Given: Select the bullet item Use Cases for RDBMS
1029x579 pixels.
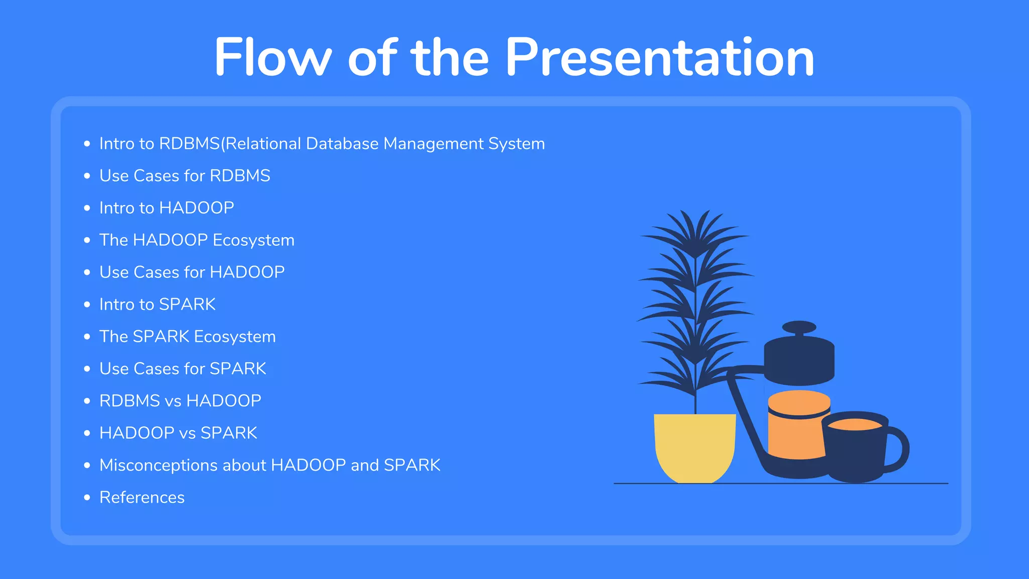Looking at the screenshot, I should (x=184, y=176).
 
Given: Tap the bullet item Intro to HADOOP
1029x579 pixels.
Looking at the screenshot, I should (x=166, y=208).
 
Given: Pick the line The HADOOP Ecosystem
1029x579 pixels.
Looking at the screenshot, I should (x=196, y=240).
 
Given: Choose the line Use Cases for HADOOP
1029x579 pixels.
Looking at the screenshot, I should (x=191, y=272).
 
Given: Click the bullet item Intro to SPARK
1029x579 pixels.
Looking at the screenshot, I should (x=157, y=305).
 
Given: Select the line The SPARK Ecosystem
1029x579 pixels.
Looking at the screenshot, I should (x=187, y=337).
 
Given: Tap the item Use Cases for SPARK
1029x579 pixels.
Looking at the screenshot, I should (x=182, y=369).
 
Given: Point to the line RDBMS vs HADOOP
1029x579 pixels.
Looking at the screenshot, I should (x=180, y=401).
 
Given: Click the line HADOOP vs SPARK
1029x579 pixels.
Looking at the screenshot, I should (x=178, y=433).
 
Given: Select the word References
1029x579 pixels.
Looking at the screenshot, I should (x=142, y=498).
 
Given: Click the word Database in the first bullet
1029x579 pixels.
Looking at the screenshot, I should (x=342, y=144).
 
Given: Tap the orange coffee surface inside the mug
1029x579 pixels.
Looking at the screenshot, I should (x=854, y=425).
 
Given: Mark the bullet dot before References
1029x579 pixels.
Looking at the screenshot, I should (x=87, y=498).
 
